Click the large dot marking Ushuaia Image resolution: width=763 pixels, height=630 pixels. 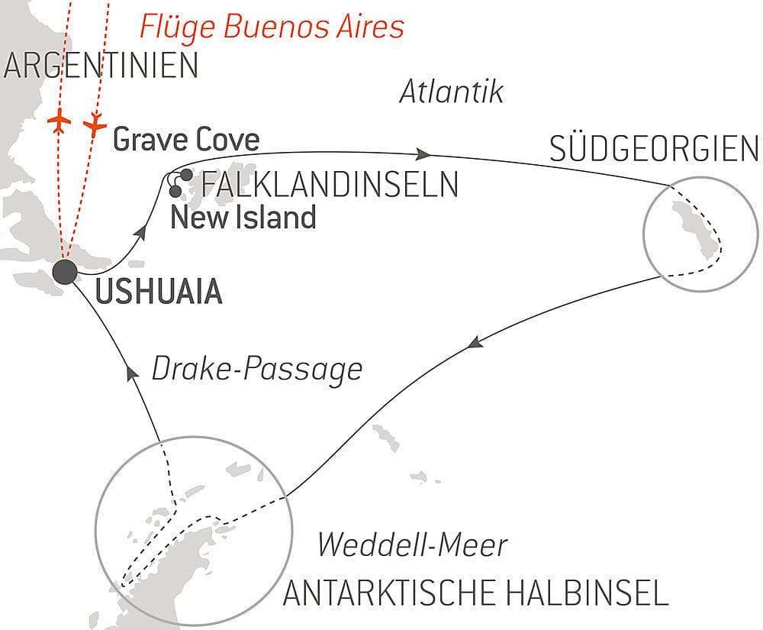click(x=65, y=271)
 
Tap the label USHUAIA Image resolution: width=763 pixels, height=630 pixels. click(x=159, y=292)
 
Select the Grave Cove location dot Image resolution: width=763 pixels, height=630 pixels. click(x=186, y=174)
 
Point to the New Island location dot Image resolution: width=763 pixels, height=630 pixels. click(x=176, y=191)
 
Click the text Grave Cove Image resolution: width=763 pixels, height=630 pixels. click(x=185, y=140)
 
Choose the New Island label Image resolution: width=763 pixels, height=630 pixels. click(x=243, y=218)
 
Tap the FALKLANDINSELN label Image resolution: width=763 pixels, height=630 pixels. click(x=330, y=185)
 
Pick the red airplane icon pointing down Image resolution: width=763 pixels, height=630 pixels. click(x=95, y=124)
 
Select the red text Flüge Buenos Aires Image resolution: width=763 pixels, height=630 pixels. click(x=271, y=27)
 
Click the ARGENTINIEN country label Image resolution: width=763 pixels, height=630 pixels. click(x=101, y=66)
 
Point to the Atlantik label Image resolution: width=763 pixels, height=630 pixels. click(x=452, y=92)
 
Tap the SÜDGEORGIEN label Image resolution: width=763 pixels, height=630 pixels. click(x=654, y=150)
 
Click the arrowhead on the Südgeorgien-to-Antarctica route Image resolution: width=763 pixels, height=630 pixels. click(x=475, y=344)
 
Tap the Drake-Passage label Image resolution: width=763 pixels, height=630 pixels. click(x=256, y=370)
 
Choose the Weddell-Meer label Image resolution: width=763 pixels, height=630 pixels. click(x=412, y=545)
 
